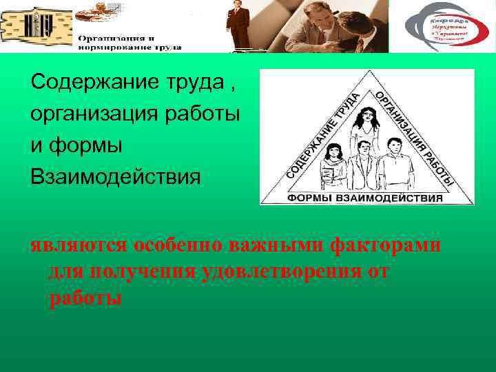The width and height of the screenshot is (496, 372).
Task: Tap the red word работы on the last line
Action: (x=85, y=298)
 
